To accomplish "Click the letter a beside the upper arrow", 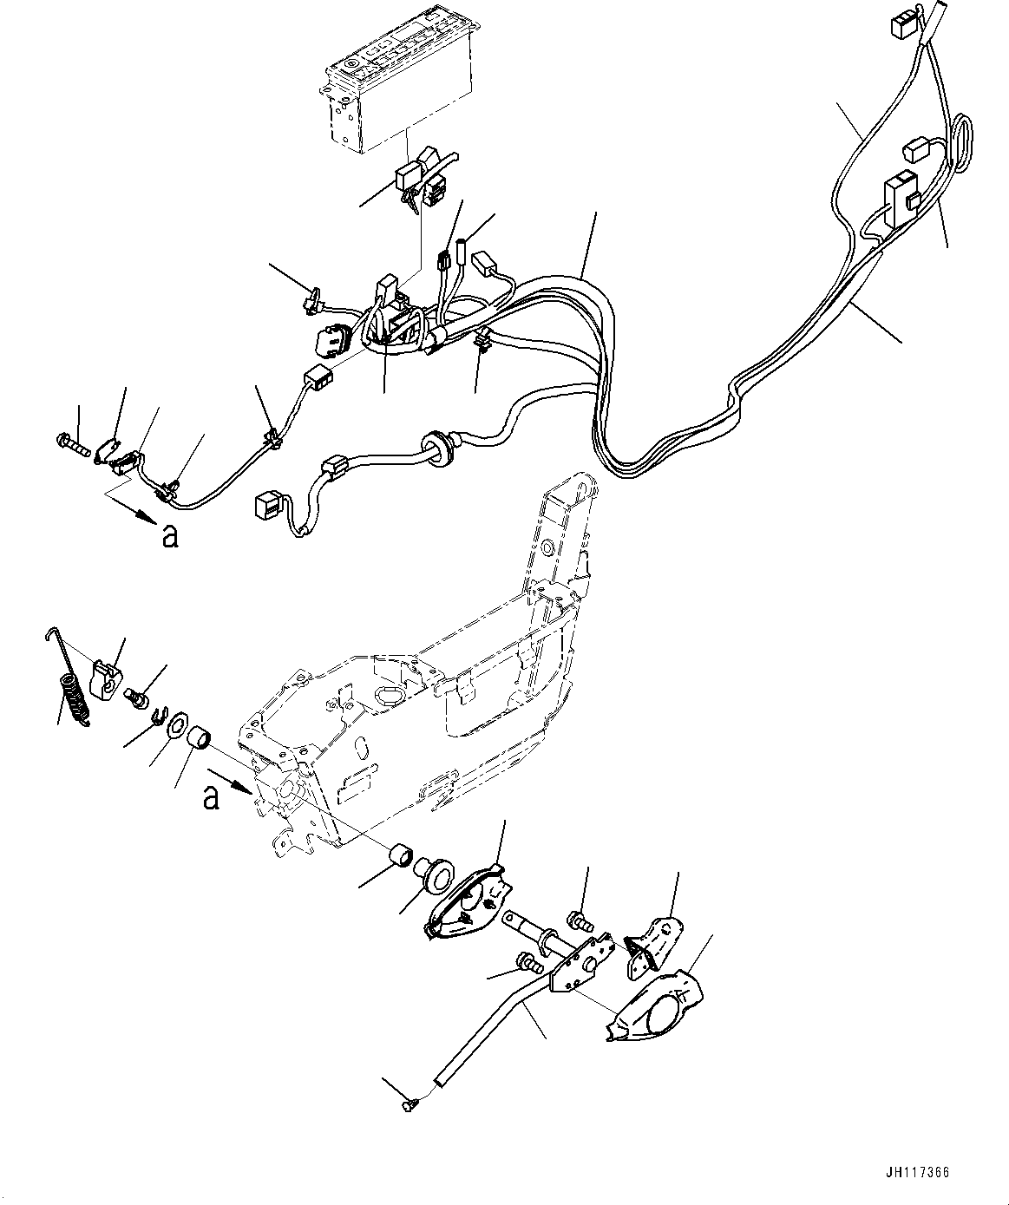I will pos(170,537).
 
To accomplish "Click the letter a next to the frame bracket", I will pos(211,796).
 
